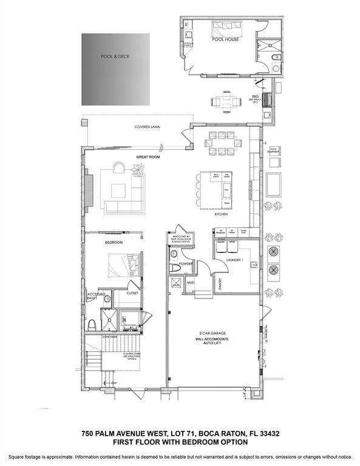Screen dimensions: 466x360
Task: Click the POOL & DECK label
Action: pyautogui.click(x=115, y=56)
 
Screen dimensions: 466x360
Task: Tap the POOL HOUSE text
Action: pyautogui.click(x=225, y=39)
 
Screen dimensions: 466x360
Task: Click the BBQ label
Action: pyautogui.click(x=256, y=96)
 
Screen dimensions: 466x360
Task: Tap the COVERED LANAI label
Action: pyautogui.click(x=147, y=127)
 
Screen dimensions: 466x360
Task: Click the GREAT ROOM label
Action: pyautogui.click(x=146, y=157)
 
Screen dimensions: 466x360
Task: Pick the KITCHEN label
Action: pyautogui.click(x=221, y=215)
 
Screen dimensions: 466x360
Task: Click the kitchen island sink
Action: pyautogui.click(x=226, y=191)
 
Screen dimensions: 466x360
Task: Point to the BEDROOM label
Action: pyautogui.click(x=114, y=242)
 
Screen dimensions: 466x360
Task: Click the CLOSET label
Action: pyautogui.click(x=132, y=293)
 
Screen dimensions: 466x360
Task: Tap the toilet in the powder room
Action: pyautogui.click(x=175, y=266)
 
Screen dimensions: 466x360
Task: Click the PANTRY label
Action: pyautogui.click(x=206, y=282)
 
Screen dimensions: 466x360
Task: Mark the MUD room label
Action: pyautogui.click(x=190, y=282)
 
